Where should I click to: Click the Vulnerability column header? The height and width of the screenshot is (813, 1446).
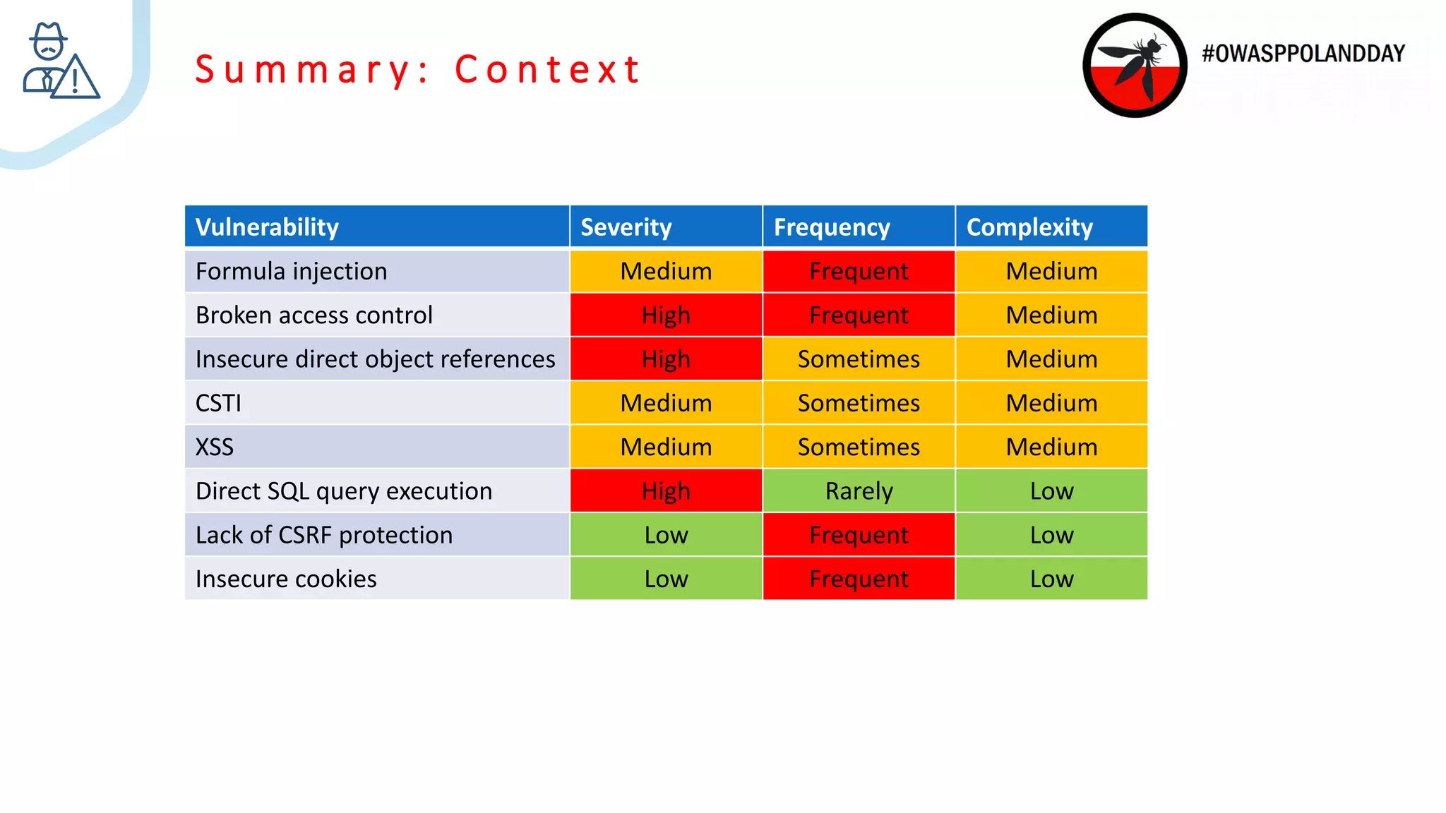click(267, 227)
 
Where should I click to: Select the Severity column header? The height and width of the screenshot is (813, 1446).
click(626, 227)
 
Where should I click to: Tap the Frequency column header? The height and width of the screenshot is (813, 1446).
click(831, 227)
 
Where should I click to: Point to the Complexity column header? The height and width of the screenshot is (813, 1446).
click(1029, 227)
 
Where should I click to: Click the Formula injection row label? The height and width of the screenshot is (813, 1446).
click(291, 272)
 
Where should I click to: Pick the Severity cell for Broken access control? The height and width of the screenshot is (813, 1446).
click(666, 315)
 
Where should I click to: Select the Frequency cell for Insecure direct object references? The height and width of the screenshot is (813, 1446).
click(859, 359)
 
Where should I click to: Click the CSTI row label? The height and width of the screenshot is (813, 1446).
click(218, 403)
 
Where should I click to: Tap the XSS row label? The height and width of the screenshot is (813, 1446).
click(214, 447)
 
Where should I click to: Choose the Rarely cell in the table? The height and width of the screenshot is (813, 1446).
click(859, 491)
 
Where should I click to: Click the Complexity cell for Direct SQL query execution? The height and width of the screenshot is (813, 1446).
click(1051, 491)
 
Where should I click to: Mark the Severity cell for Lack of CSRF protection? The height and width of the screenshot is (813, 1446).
click(666, 535)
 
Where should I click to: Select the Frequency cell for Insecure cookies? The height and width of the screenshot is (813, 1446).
click(859, 579)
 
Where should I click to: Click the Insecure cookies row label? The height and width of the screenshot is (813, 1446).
click(286, 579)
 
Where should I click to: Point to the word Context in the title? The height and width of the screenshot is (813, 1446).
click(547, 70)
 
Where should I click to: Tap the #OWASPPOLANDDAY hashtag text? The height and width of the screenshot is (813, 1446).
click(1303, 54)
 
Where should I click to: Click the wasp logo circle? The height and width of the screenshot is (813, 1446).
click(1135, 65)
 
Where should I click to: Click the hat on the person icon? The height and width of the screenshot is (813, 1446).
click(48, 32)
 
